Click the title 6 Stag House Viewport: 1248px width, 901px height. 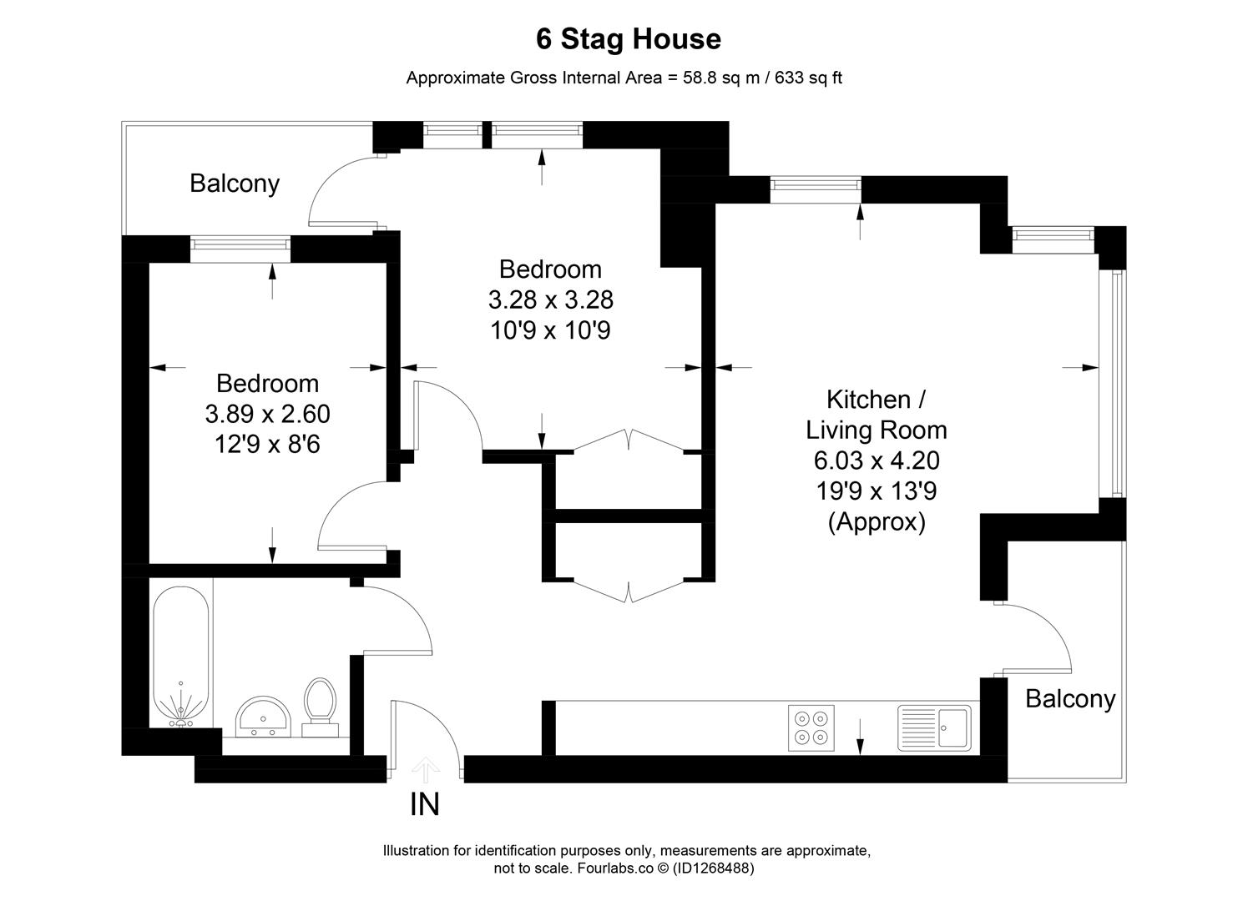click(x=628, y=39)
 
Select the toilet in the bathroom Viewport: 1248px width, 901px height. click(x=320, y=706)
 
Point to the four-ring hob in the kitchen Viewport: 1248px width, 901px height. click(x=811, y=726)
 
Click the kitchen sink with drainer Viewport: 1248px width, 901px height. click(x=934, y=727)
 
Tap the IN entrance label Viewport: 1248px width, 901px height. click(x=424, y=804)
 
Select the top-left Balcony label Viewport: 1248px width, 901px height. click(x=235, y=184)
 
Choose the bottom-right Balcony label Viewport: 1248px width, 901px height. click(x=1070, y=698)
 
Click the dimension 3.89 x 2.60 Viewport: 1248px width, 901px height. click(x=267, y=414)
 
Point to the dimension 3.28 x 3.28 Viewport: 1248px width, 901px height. click(x=550, y=299)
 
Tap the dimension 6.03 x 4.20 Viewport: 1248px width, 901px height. click(x=876, y=461)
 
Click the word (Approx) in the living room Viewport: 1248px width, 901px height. click(x=877, y=522)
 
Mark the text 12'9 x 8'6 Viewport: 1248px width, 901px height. click(x=267, y=445)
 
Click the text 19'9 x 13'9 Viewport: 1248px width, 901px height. click(x=876, y=491)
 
